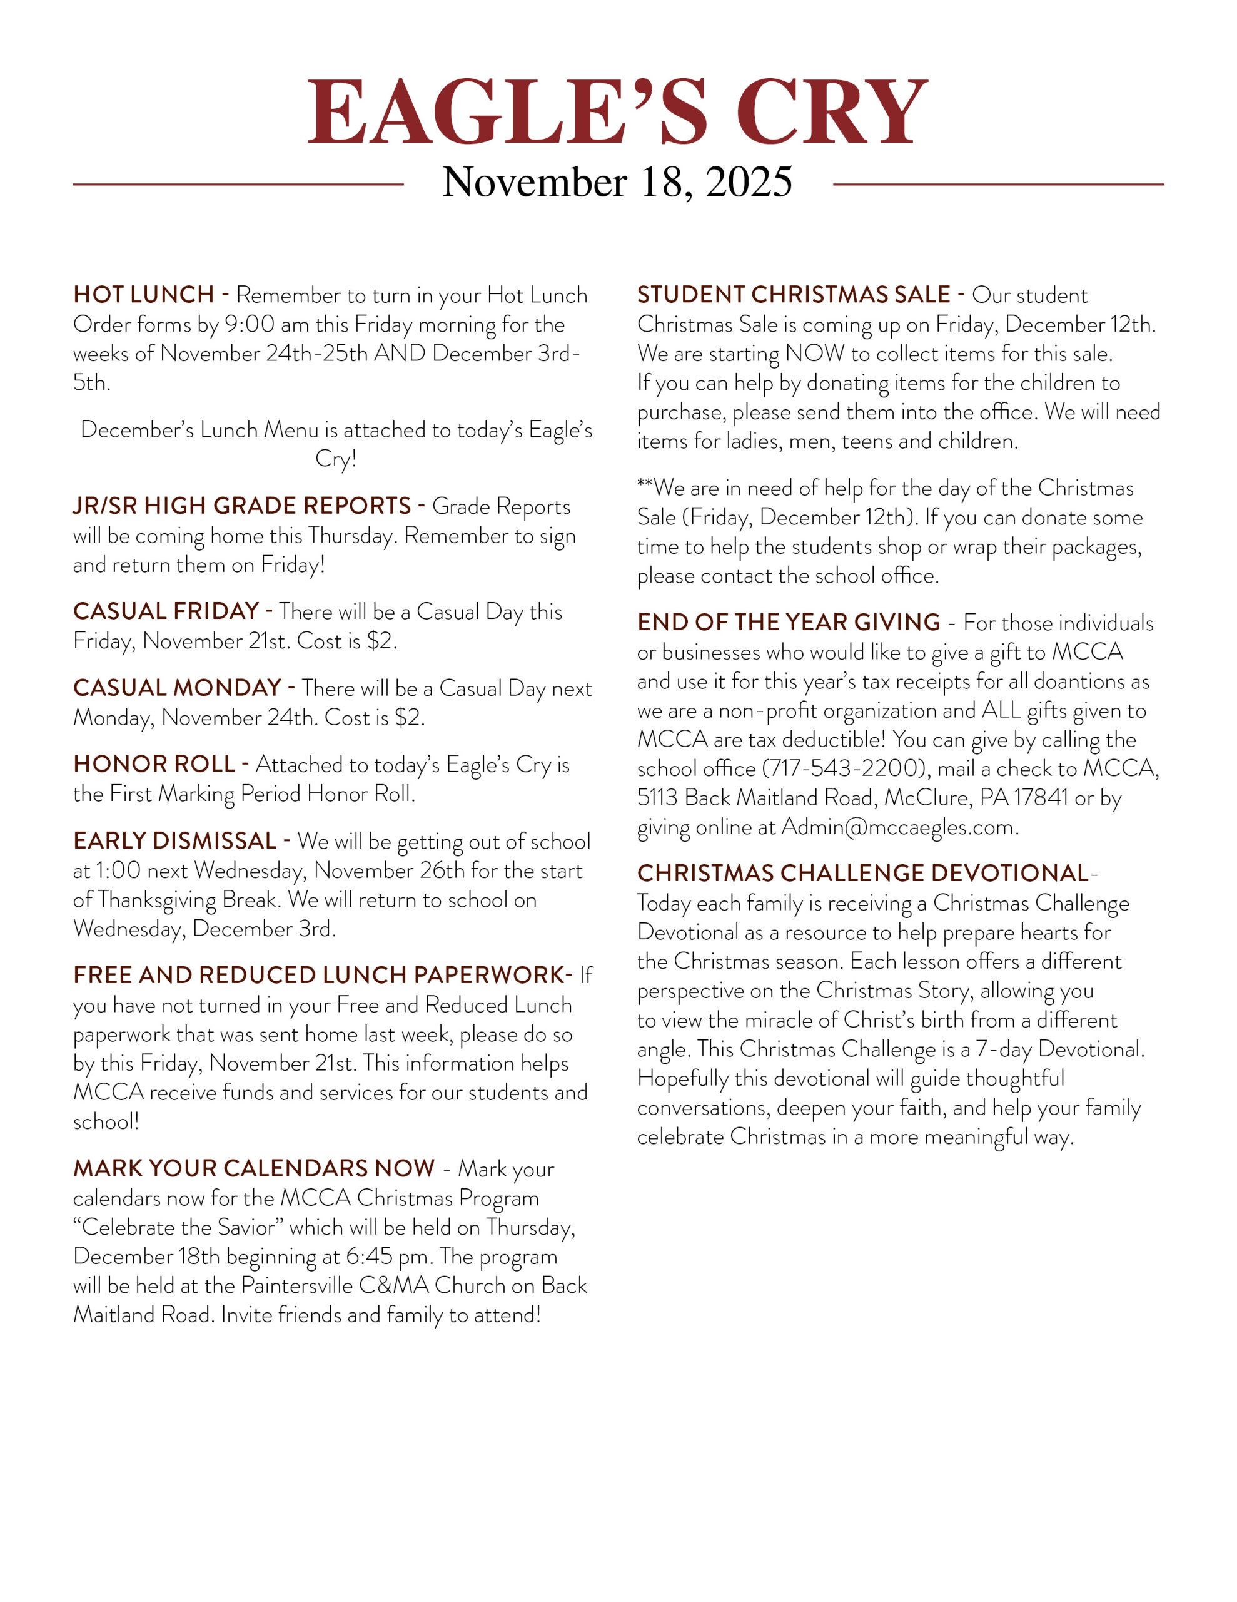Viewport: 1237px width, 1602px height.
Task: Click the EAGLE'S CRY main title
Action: (617, 111)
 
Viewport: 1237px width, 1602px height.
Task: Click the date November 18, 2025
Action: (617, 182)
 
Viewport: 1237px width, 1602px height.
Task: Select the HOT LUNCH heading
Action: (144, 295)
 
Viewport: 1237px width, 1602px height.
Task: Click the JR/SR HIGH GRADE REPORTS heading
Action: (242, 506)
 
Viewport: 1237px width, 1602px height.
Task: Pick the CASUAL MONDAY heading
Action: (178, 688)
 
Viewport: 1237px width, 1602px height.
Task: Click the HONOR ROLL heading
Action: (154, 764)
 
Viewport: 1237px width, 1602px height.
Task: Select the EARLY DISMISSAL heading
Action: (175, 840)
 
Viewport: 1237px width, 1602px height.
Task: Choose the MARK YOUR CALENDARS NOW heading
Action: (254, 1168)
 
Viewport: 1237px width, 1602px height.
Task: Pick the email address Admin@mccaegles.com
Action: (898, 827)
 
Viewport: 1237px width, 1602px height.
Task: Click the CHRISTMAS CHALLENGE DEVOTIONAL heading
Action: (863, 874)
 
